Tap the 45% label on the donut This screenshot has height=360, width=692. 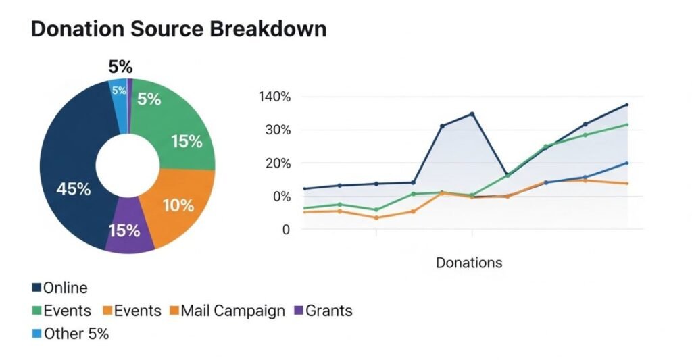(x=74, y=189)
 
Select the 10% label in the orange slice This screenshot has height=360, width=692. (x=178, y=205)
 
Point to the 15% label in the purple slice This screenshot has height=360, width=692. (x=124, y=230)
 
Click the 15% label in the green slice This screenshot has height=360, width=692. (x=187, y=142)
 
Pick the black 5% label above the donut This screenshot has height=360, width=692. (x=120, y=67)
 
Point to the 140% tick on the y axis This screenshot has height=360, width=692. (x=274, y=97)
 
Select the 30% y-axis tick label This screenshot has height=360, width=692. (x=277, y=130)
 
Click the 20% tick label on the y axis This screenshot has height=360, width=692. (x=277, y=163)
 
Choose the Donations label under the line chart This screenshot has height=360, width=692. (x=469, y=263)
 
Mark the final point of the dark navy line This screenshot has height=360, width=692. (x=626, y=105)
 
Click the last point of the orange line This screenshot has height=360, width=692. (x=626, y=184)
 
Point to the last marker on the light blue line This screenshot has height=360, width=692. (x=626, y=163)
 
